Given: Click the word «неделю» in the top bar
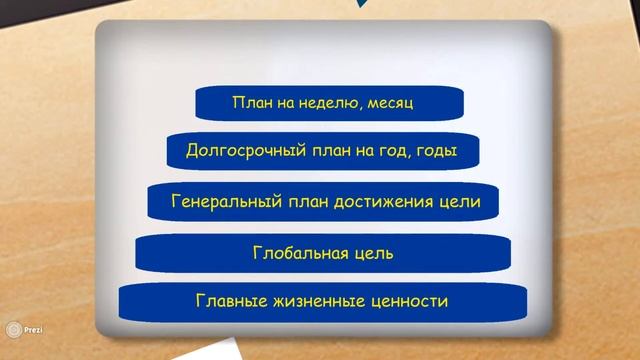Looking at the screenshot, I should (x=318, y=102).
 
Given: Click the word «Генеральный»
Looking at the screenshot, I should (x=223, y=202).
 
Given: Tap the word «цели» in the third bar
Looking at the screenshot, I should (x=460, y=202).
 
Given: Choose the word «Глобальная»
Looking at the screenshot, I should (x=299, y=253).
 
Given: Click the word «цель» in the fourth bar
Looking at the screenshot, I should (x=372, y=253).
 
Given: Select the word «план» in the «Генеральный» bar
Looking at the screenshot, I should (x=300, y=202).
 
